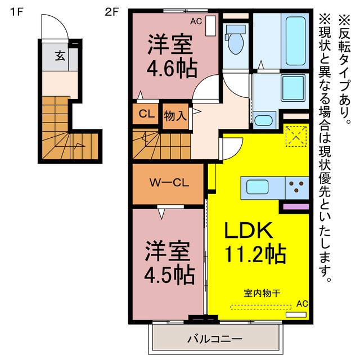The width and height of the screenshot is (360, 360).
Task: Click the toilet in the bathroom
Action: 235,39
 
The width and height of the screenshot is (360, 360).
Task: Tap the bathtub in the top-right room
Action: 295,41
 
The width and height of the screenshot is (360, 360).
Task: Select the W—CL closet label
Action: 169,183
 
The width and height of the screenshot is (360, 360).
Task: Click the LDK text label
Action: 249,230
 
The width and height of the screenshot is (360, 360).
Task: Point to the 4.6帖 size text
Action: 172,69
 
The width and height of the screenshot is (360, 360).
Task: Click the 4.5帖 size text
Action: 169,275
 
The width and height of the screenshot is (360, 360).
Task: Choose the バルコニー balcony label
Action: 215,339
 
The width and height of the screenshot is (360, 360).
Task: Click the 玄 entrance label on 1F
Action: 60,56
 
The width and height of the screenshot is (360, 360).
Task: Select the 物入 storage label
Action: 175,115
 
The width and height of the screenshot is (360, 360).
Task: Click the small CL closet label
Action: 146,114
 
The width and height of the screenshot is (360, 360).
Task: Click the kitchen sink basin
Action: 258,187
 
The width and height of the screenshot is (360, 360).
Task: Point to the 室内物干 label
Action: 262,293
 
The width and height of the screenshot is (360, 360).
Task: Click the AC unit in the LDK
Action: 296,314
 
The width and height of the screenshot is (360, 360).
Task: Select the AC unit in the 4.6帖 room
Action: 210,25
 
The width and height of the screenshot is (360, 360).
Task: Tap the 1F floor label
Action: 17,12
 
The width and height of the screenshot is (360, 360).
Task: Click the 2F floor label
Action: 111,12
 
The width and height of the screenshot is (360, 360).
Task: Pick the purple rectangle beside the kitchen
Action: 296,206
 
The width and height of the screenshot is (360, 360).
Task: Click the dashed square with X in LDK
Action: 296,136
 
